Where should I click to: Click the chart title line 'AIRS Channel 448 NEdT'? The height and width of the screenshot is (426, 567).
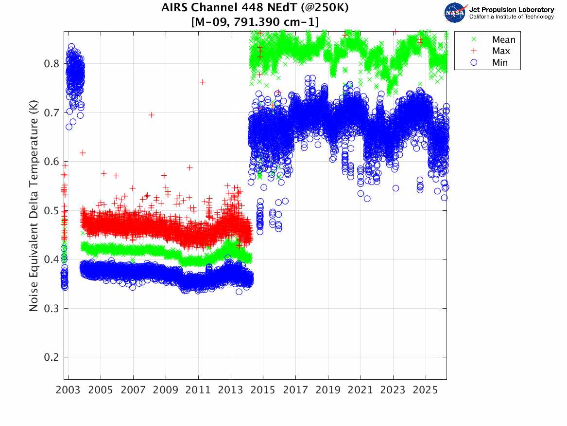coord(255,8)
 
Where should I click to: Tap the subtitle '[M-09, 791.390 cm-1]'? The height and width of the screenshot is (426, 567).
coord(255,21)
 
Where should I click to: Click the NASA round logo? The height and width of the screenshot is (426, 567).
coord(454,12)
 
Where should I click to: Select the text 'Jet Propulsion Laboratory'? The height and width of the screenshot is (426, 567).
coord(511,10)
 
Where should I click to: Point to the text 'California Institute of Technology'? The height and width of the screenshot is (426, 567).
coord(511,17)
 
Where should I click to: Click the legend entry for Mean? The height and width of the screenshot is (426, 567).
coord(503,40)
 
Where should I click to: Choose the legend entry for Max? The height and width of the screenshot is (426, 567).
coord(501,51)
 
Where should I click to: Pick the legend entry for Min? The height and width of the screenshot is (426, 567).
coord(500,62)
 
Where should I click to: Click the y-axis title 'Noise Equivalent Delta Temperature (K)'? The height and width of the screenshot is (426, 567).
coord(34,205)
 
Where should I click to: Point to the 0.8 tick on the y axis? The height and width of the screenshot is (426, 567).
coord(52,64)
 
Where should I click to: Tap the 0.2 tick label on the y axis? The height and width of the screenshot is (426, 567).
coord(52,357)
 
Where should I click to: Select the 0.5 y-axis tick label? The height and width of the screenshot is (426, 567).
coord(52,211)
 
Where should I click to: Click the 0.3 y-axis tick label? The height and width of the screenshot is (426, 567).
coord(52,308)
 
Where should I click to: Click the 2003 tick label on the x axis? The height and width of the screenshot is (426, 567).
coord(69,390)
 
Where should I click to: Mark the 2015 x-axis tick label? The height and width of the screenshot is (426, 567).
coord(263,390)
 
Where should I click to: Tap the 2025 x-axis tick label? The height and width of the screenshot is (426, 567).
coord(426,390)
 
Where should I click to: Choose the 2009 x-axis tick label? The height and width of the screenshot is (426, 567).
coord(166,390)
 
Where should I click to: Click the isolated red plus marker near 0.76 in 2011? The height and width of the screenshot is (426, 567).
coord(202,82)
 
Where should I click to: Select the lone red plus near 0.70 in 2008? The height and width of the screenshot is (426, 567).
coord(151,115)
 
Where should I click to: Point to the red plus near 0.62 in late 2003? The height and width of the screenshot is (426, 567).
coord(83,153)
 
